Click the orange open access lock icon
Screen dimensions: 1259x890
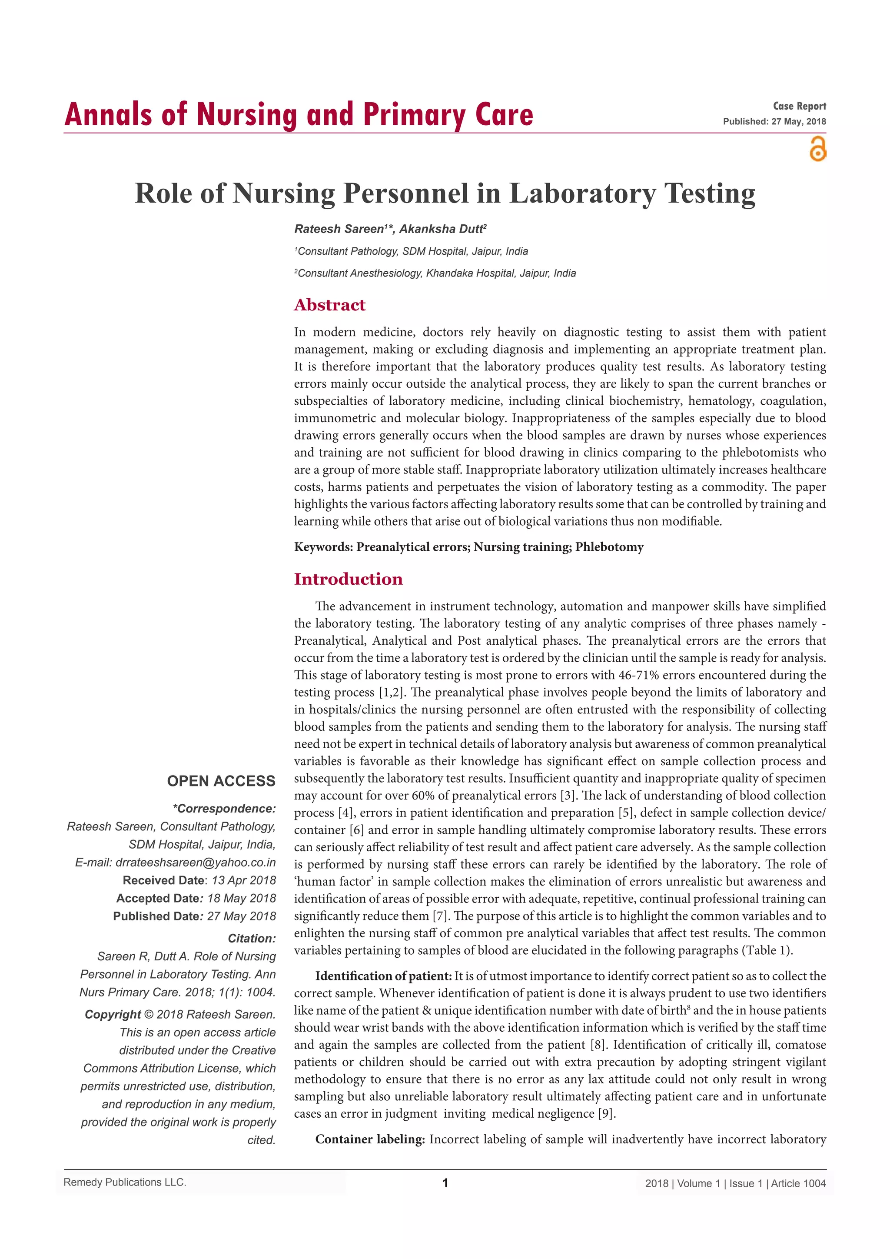[818, 149]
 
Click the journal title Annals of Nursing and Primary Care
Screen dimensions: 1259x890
[299, 115]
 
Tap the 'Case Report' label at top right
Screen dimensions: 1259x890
[799, 107]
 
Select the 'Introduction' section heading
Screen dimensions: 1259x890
[348, 579]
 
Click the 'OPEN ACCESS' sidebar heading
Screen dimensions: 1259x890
[221, 781]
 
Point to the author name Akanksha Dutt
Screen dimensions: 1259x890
[441, 229]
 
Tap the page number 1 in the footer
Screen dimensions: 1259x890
[445, 1183]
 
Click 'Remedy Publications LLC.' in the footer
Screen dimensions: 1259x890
[125, 1182]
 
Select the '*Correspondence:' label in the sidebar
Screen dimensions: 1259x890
[224, 809]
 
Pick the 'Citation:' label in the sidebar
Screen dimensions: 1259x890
[252, 938]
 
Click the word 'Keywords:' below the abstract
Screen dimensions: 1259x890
[323, 547]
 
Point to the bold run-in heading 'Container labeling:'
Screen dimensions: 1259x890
[370, 1139]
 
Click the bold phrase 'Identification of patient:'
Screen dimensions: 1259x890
[383, 976]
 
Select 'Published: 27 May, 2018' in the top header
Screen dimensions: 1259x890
[774, 122]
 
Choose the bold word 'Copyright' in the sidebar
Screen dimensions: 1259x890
[113, 1014]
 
